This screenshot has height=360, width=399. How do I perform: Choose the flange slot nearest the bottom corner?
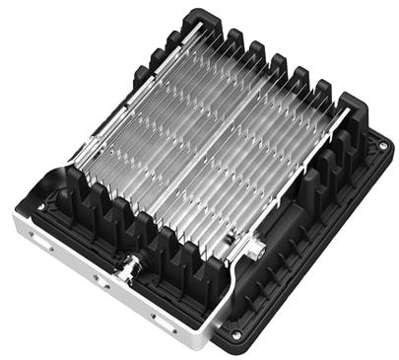click(154, 318)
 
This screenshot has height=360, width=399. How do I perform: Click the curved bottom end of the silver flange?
click(203, 345)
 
